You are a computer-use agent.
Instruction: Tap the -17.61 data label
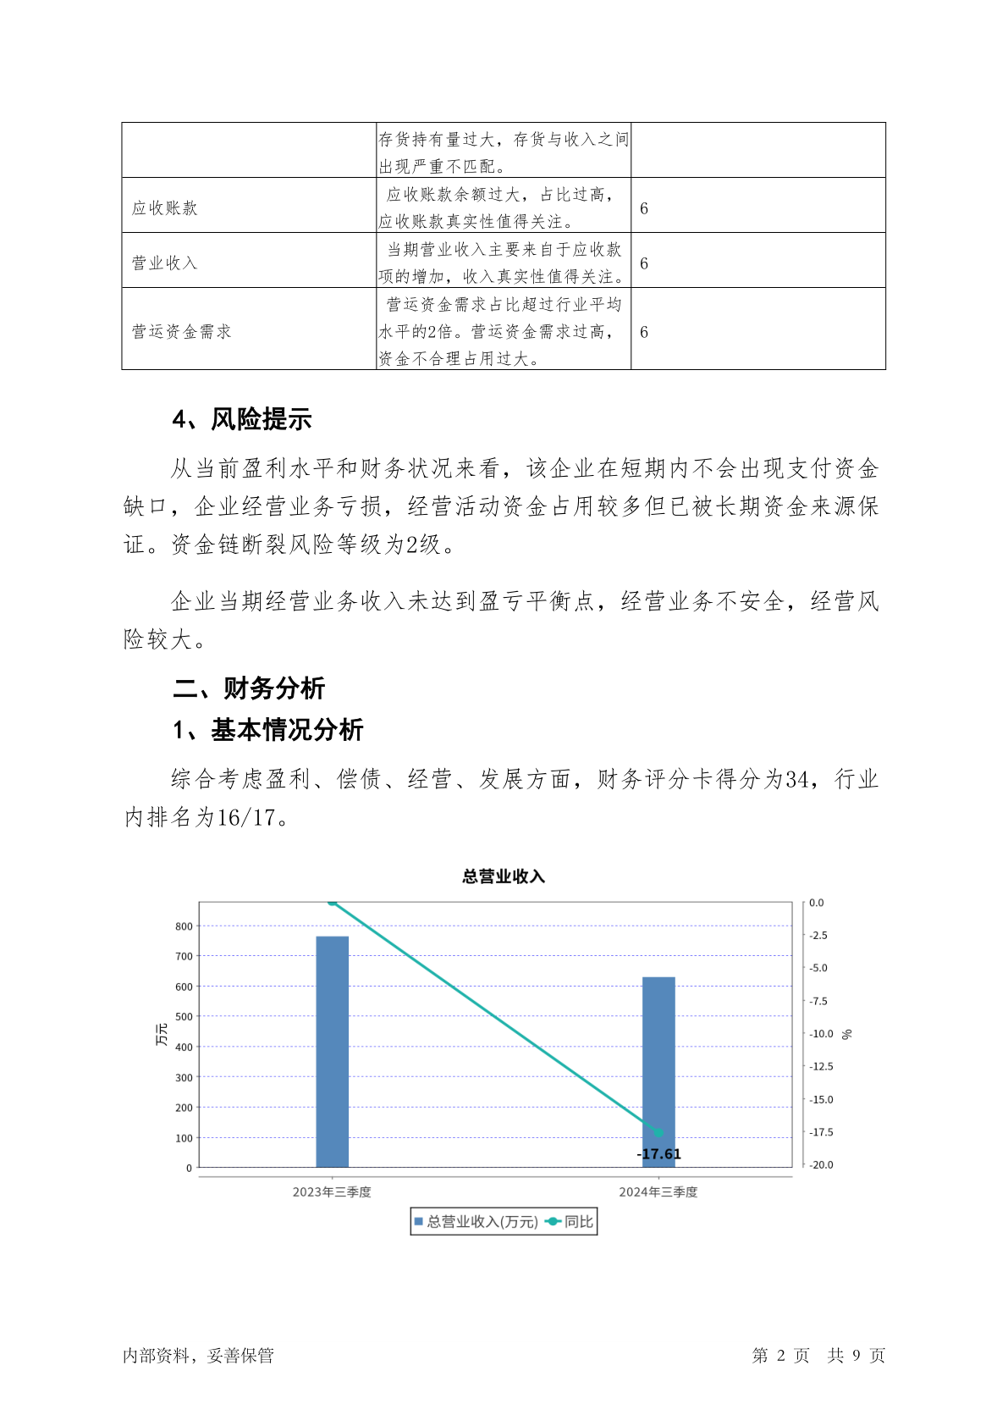[x=658, y=1154]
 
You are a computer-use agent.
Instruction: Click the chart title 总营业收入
[x=504, y=876]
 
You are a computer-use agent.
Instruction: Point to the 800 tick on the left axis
[x=184, y=926]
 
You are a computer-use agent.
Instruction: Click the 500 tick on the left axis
[x=184, y=1017]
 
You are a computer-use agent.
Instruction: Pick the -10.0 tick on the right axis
[x=821, y=1034]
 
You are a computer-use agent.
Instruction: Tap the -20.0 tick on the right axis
[x=821, y=1165]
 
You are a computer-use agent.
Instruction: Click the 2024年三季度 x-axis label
[x=658, y=1192]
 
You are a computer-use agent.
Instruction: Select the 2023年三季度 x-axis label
[x=332, y=1192]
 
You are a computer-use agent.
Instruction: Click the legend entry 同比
[x=579, y=1222]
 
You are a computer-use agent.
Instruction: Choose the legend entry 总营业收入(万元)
[x=482, y=1222]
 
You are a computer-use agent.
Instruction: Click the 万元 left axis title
[x=162, y=1034]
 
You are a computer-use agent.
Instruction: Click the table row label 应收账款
[x=165, y=208]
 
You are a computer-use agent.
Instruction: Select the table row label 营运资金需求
[x=182, y=332]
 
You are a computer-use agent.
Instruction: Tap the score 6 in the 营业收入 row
[x=644, y=263]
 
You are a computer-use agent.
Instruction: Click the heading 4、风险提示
[x=242, y=419]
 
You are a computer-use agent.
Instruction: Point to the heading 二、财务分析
[x=249, y=688]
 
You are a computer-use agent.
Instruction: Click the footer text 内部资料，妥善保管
[x=198, y=1356]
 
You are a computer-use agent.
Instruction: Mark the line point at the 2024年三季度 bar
[x=658, y=1133]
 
